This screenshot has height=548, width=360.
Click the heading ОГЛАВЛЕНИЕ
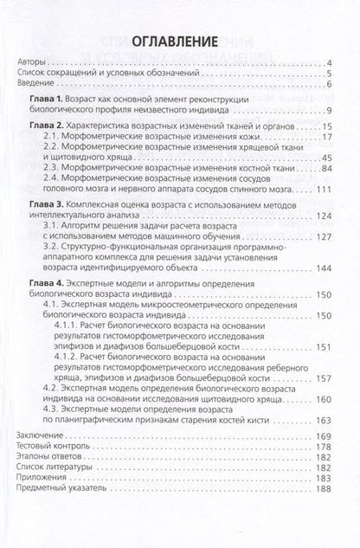point(180,41)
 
